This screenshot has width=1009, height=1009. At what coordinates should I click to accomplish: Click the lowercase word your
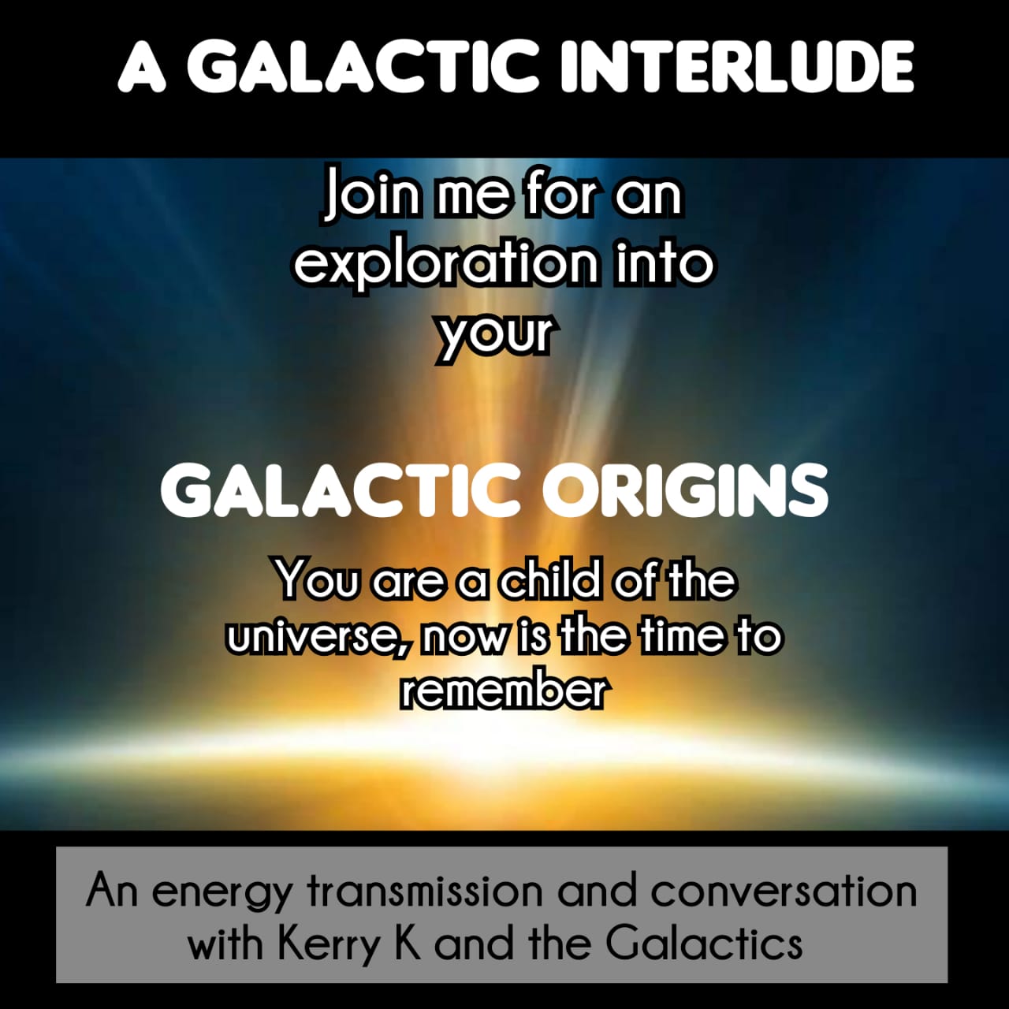[495, 334]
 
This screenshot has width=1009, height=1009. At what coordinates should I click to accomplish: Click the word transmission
[425, 889]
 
